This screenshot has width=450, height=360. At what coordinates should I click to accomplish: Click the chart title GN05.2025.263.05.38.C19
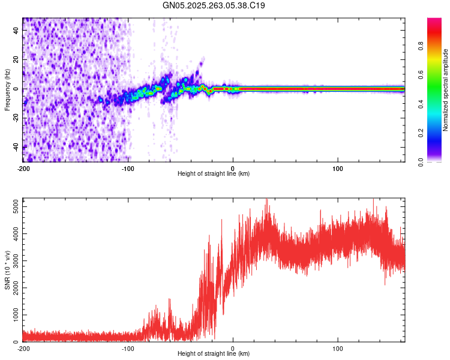click(x=214, y=5)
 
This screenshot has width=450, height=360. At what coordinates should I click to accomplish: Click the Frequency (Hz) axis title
click(x=7, y=89)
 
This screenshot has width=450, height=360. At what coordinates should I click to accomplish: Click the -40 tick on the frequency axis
click(x=16, y=147)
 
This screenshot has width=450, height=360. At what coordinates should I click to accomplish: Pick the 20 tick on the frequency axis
click(x=16, y=60)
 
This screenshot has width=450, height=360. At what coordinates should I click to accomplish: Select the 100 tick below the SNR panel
click(x=338, y=347)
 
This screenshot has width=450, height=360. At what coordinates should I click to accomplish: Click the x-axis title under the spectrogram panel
click(x=214, y=174)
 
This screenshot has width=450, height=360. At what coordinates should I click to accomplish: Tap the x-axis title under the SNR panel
click(x=214, y=354)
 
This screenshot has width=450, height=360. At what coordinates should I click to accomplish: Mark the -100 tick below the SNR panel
click(x=128, y=347)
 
